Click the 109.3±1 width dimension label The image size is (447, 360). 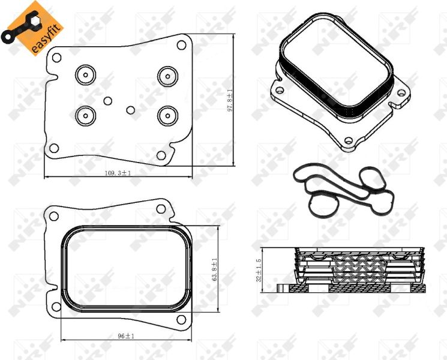[x=118, y=173]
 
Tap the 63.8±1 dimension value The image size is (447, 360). [x=214, y=269]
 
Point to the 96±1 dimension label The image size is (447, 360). [x=126, y=337]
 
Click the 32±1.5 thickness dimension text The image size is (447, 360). [x=259, y=270]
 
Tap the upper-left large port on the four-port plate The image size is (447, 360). [x=85, y=76]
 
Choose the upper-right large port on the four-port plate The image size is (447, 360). [x=166, y=76]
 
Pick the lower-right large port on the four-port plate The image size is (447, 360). [x=166, y=113]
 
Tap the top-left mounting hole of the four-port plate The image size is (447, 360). [x=56, y=58]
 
